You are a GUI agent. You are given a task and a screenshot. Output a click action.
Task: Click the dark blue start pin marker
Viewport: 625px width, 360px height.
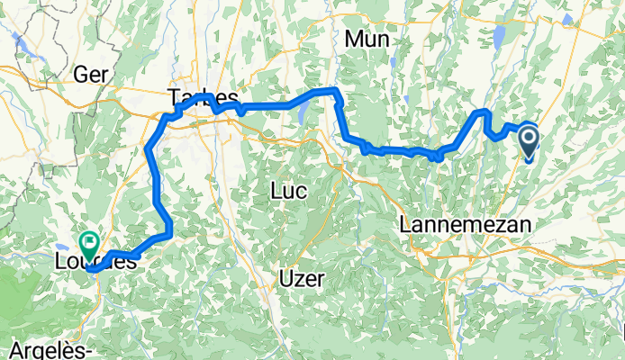(x=528, y=139)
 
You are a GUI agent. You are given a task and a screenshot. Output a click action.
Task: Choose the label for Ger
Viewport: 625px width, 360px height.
(x=92, y=74)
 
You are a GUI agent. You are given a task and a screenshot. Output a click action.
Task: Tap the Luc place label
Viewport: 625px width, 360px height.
(x=288, y=191)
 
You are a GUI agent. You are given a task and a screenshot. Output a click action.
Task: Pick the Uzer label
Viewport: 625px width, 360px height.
(x=301, y=275)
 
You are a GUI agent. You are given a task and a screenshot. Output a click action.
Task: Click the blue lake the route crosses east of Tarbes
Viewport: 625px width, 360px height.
(x=302, y=111)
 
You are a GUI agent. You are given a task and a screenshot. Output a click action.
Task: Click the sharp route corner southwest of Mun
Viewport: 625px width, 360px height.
(x=336, y=91)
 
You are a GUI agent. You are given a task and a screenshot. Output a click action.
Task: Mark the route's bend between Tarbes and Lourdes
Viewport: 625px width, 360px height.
(x=147, y=151)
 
